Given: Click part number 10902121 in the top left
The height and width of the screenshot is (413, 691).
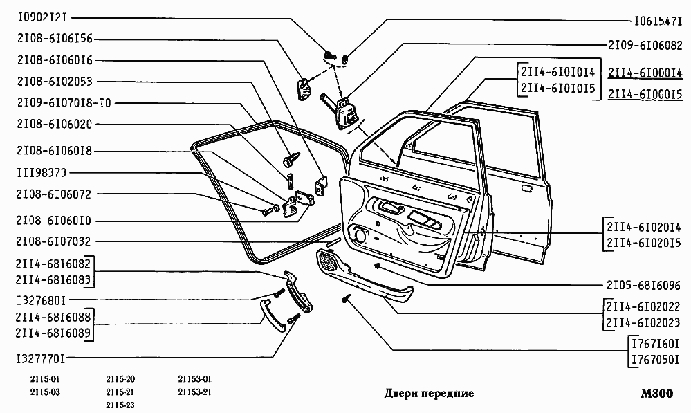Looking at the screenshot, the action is point(42,18).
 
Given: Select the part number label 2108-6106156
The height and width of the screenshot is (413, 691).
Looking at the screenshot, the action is point(55,39).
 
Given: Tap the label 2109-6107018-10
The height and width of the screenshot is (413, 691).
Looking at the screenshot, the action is point(64,103).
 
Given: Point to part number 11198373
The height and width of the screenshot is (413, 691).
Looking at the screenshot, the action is point(42,173).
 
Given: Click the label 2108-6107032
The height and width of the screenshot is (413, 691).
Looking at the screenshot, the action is point(53,241).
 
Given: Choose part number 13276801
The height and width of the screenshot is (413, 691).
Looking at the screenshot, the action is point(41,301).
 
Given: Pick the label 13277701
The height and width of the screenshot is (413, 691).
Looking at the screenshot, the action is point(41,359).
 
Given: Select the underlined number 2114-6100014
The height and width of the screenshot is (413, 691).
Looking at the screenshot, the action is point(645,73).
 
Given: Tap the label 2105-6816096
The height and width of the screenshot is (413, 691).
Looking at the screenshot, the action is point(643,286).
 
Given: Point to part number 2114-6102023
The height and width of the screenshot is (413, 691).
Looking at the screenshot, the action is point(643,323).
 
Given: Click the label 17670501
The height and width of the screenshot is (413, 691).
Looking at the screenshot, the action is point(655,360).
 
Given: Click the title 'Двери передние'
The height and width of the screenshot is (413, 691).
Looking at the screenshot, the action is point(429,393).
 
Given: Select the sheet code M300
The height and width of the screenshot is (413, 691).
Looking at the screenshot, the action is point(657,393).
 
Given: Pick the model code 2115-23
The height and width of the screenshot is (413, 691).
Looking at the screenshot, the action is point(120,405).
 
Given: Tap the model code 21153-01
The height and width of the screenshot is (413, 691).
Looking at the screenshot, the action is point(195,379).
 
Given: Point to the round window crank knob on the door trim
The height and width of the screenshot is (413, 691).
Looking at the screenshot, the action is point(360,235).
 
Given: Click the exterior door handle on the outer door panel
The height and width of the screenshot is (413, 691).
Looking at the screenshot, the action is point(526,189).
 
